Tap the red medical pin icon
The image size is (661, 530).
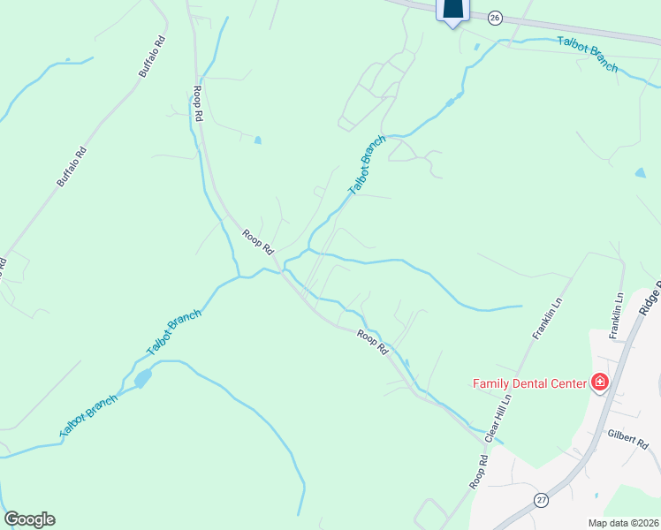[599, 382]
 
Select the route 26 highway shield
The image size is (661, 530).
[495, 18]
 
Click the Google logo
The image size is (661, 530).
[29, 519]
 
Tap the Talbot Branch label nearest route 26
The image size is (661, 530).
[587, 54]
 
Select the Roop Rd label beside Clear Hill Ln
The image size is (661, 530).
[478, 473]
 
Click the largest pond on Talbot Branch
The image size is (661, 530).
[141, 379]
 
